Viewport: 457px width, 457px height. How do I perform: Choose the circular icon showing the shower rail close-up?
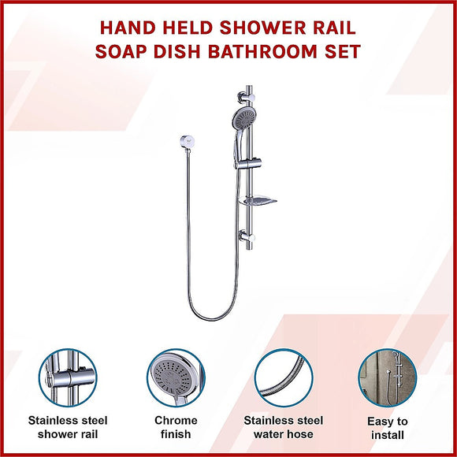[68, 378]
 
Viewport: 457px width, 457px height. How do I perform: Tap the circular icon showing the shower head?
[175, 378]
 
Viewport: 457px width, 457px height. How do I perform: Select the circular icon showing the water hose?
[282, 378]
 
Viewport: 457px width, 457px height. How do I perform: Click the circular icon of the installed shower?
[388, 378]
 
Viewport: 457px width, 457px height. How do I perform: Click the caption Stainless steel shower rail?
[68, 427]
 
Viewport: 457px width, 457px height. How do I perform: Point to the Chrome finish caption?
[176, 427]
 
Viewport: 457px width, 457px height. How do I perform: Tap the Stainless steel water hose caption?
[282, 427]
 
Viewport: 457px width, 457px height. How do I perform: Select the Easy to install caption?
[388, 428]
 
